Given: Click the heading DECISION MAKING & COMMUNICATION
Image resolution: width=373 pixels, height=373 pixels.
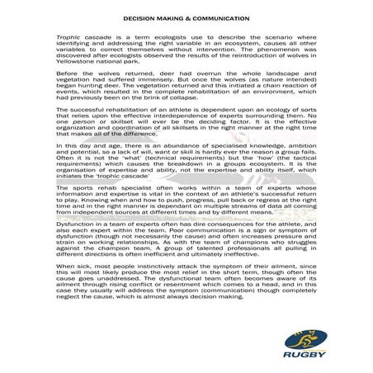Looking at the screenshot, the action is coord(186,17).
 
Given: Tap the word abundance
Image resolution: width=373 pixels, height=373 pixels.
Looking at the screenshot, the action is coord(169,145).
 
